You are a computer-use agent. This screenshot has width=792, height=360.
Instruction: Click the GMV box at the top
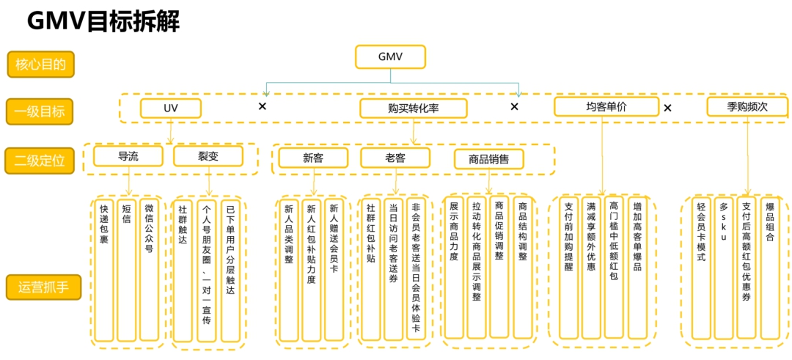click(x=390, y=57)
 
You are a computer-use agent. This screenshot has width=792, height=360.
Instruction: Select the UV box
click(x=170, y=109)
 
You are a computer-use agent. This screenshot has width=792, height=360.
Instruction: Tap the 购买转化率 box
click(x=413, y=109)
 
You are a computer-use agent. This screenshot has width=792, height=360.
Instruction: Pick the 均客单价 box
click(x=606, y=107)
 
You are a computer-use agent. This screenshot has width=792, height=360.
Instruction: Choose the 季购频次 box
click(x=747, y=107)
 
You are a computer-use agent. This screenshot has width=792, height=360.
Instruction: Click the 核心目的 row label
click(x=41, y=64)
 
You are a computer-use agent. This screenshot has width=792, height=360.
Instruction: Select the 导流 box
click(x=128, y=157)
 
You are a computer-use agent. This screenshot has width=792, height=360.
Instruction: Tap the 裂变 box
click(x=208, y=157)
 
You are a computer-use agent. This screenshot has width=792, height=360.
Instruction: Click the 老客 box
click(x=395, y=158)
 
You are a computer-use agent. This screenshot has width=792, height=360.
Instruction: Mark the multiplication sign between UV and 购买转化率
click(x=262, y=106)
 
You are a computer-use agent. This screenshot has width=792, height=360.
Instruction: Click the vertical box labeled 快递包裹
click(x=104, y=270)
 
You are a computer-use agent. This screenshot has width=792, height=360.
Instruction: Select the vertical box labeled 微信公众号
click(x=149, y=270)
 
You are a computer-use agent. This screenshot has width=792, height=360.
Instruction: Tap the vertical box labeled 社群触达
click(x=183, y=270)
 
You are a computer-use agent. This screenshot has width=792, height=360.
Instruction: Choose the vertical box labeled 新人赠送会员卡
click(x=334, y=270)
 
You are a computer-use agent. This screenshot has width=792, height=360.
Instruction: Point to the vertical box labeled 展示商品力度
click(x=454, y=268)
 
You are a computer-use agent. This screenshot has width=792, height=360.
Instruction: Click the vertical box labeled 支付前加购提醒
click(x=569, y=268)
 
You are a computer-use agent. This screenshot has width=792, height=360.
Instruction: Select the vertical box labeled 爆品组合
click(x=769, y=268)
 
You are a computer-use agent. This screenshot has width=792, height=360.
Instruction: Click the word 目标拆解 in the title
click(x=133, y=22)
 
